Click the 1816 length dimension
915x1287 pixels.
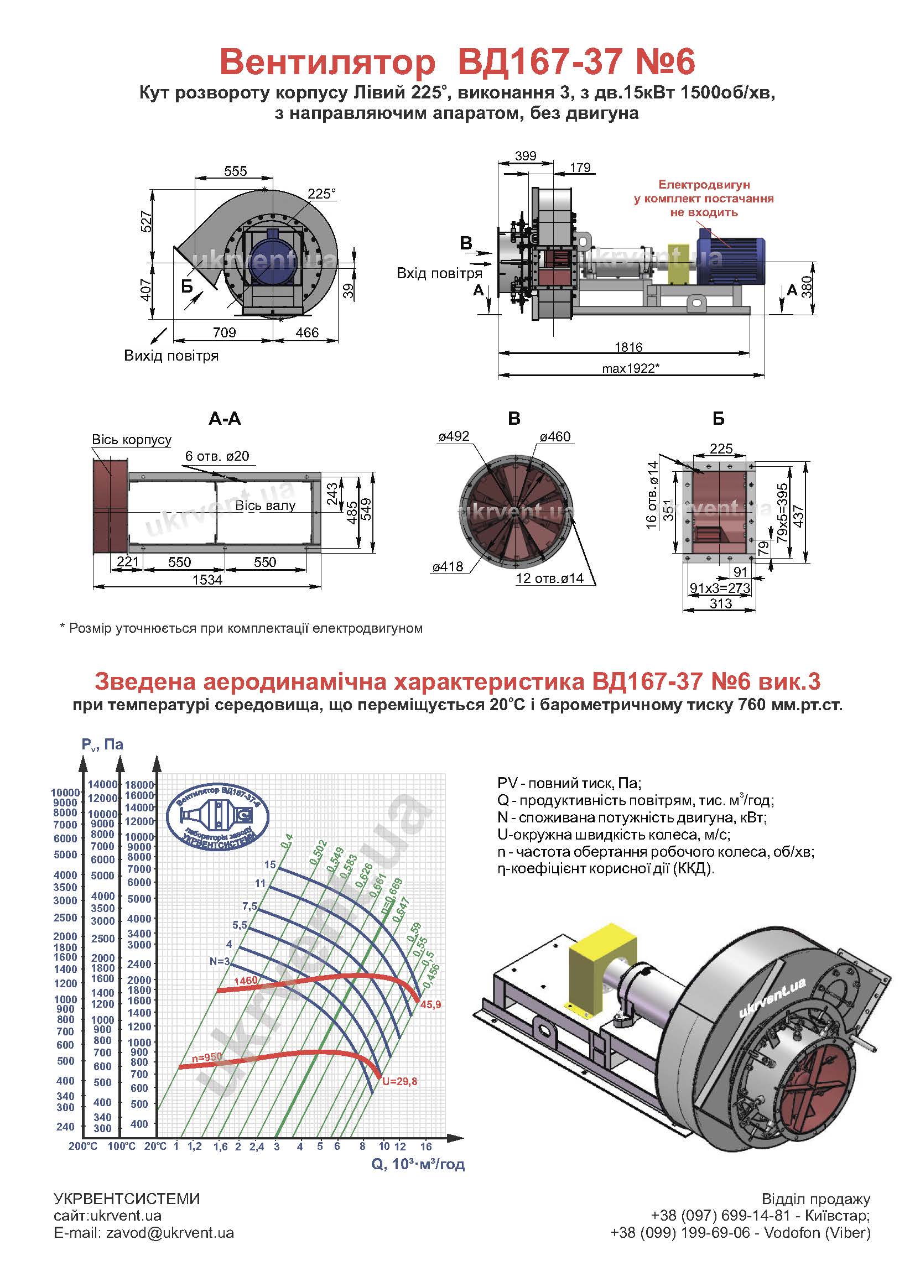(x=629, y=347)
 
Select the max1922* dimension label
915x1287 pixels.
(x=631, y=368)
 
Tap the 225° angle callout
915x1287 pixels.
(x=322, y=194)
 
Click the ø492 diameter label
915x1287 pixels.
(x=454, y=436)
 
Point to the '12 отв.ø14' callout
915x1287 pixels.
(x=549, y=579)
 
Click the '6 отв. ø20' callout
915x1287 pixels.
(x=217, y=456)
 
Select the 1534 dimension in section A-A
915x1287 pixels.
(x=207, y=580)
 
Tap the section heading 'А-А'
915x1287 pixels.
(x=225, y=418)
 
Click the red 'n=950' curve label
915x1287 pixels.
(x=207, y=1058)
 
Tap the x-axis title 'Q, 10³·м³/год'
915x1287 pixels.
(x=418, y=1164)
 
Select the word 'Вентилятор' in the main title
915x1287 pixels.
(x=327, y=62)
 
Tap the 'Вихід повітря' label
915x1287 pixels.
(x=171, y=356)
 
